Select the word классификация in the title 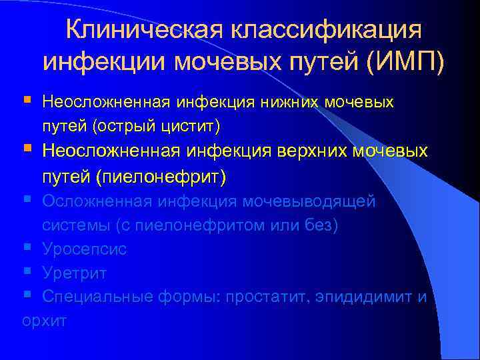point(326,30)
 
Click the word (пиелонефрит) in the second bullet point(161,177)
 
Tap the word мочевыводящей point(309,201)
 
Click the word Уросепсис point(84,249)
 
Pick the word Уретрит point(74,273)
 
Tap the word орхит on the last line point(44,321)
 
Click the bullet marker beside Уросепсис point(26,249)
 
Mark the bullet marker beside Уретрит point(26,273)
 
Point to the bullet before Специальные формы point(26,296)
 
